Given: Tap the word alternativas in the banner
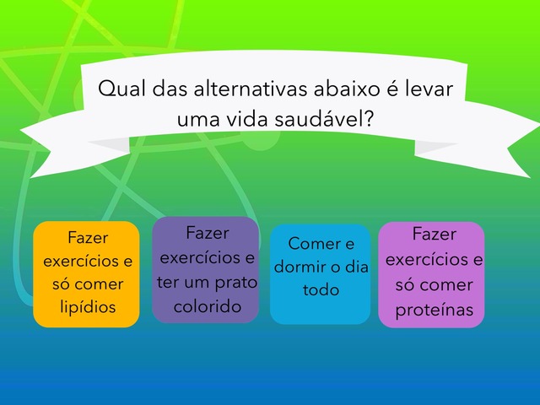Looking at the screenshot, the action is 251,89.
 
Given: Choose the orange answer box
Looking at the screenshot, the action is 86,274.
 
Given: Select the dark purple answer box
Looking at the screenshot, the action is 205,270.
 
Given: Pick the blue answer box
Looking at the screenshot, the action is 321,274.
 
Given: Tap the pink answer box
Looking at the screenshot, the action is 431,275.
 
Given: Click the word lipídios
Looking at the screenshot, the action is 88,306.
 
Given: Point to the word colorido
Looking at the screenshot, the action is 208,306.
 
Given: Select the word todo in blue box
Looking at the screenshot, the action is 321,289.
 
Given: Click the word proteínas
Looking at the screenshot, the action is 435,309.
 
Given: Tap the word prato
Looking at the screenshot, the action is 236,283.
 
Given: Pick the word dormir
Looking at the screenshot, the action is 298,267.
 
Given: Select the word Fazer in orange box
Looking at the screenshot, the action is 88,237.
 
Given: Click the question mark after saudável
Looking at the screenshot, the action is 368,118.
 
